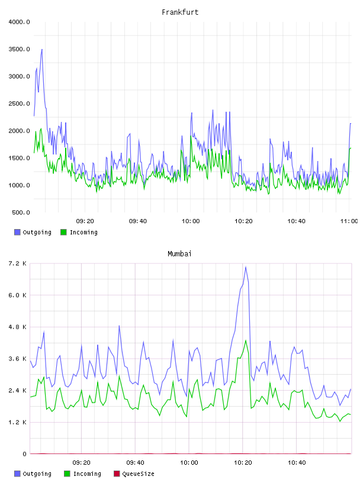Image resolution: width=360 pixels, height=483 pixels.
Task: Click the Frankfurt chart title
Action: coord(180,12)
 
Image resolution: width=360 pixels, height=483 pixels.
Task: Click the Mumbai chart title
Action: coord(179,254)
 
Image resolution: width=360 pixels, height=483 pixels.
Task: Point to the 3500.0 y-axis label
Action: coord(19,49)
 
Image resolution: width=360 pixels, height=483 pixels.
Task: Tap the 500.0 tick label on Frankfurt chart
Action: coord(21,212)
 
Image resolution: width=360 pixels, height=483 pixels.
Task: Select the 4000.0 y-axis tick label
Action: coord(19,22)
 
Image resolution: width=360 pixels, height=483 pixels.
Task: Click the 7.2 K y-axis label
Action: coord(18,263)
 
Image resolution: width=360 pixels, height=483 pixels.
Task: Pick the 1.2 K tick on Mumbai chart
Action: coord(18,422)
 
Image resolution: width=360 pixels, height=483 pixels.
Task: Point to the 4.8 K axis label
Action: coord(18,327)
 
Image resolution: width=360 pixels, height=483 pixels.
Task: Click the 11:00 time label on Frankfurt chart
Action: coord(349,221)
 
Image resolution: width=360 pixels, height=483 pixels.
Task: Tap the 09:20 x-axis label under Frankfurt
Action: coord(85,221)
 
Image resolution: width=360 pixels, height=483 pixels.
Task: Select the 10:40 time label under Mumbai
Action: coord(297,463)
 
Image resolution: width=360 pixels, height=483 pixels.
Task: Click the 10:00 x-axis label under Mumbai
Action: coord(189,463)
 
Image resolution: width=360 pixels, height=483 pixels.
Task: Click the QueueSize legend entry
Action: coord(134,474)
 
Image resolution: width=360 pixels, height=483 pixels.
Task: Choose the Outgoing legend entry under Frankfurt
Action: coord(33,232)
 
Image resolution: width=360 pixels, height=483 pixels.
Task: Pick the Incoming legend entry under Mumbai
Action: coord(83,474)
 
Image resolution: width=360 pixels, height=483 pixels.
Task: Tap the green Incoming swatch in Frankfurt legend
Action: coord(63,232)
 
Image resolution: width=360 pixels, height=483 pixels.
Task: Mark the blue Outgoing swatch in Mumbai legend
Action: coord(17,474)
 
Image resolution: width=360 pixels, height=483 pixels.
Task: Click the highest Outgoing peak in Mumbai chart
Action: coord(246,267)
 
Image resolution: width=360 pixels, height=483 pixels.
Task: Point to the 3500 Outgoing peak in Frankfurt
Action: coord(42,49)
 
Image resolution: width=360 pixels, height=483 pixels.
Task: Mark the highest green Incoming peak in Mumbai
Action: coord(246,340)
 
